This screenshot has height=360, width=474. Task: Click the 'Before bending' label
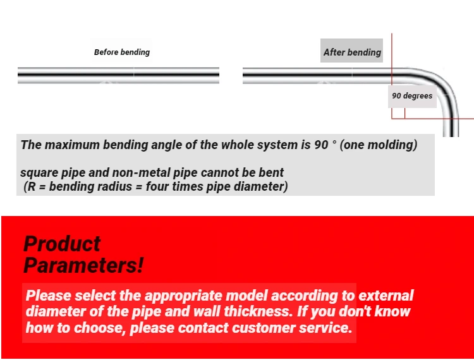coord(122,52)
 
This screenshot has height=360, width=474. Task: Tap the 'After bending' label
coord(352,52)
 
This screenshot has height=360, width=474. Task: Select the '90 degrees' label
coord(412,96)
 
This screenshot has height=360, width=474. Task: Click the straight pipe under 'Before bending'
coord(118,75)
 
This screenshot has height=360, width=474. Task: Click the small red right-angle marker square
coord(398,113)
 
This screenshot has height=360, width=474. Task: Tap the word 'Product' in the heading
coord(62,244)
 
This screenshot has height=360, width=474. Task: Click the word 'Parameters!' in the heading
coord(83,265)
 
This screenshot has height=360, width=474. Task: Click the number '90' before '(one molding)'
coord(321,145)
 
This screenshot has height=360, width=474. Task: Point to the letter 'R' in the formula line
coord(32,187)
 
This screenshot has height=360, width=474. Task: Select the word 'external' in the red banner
coord(386,296)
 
